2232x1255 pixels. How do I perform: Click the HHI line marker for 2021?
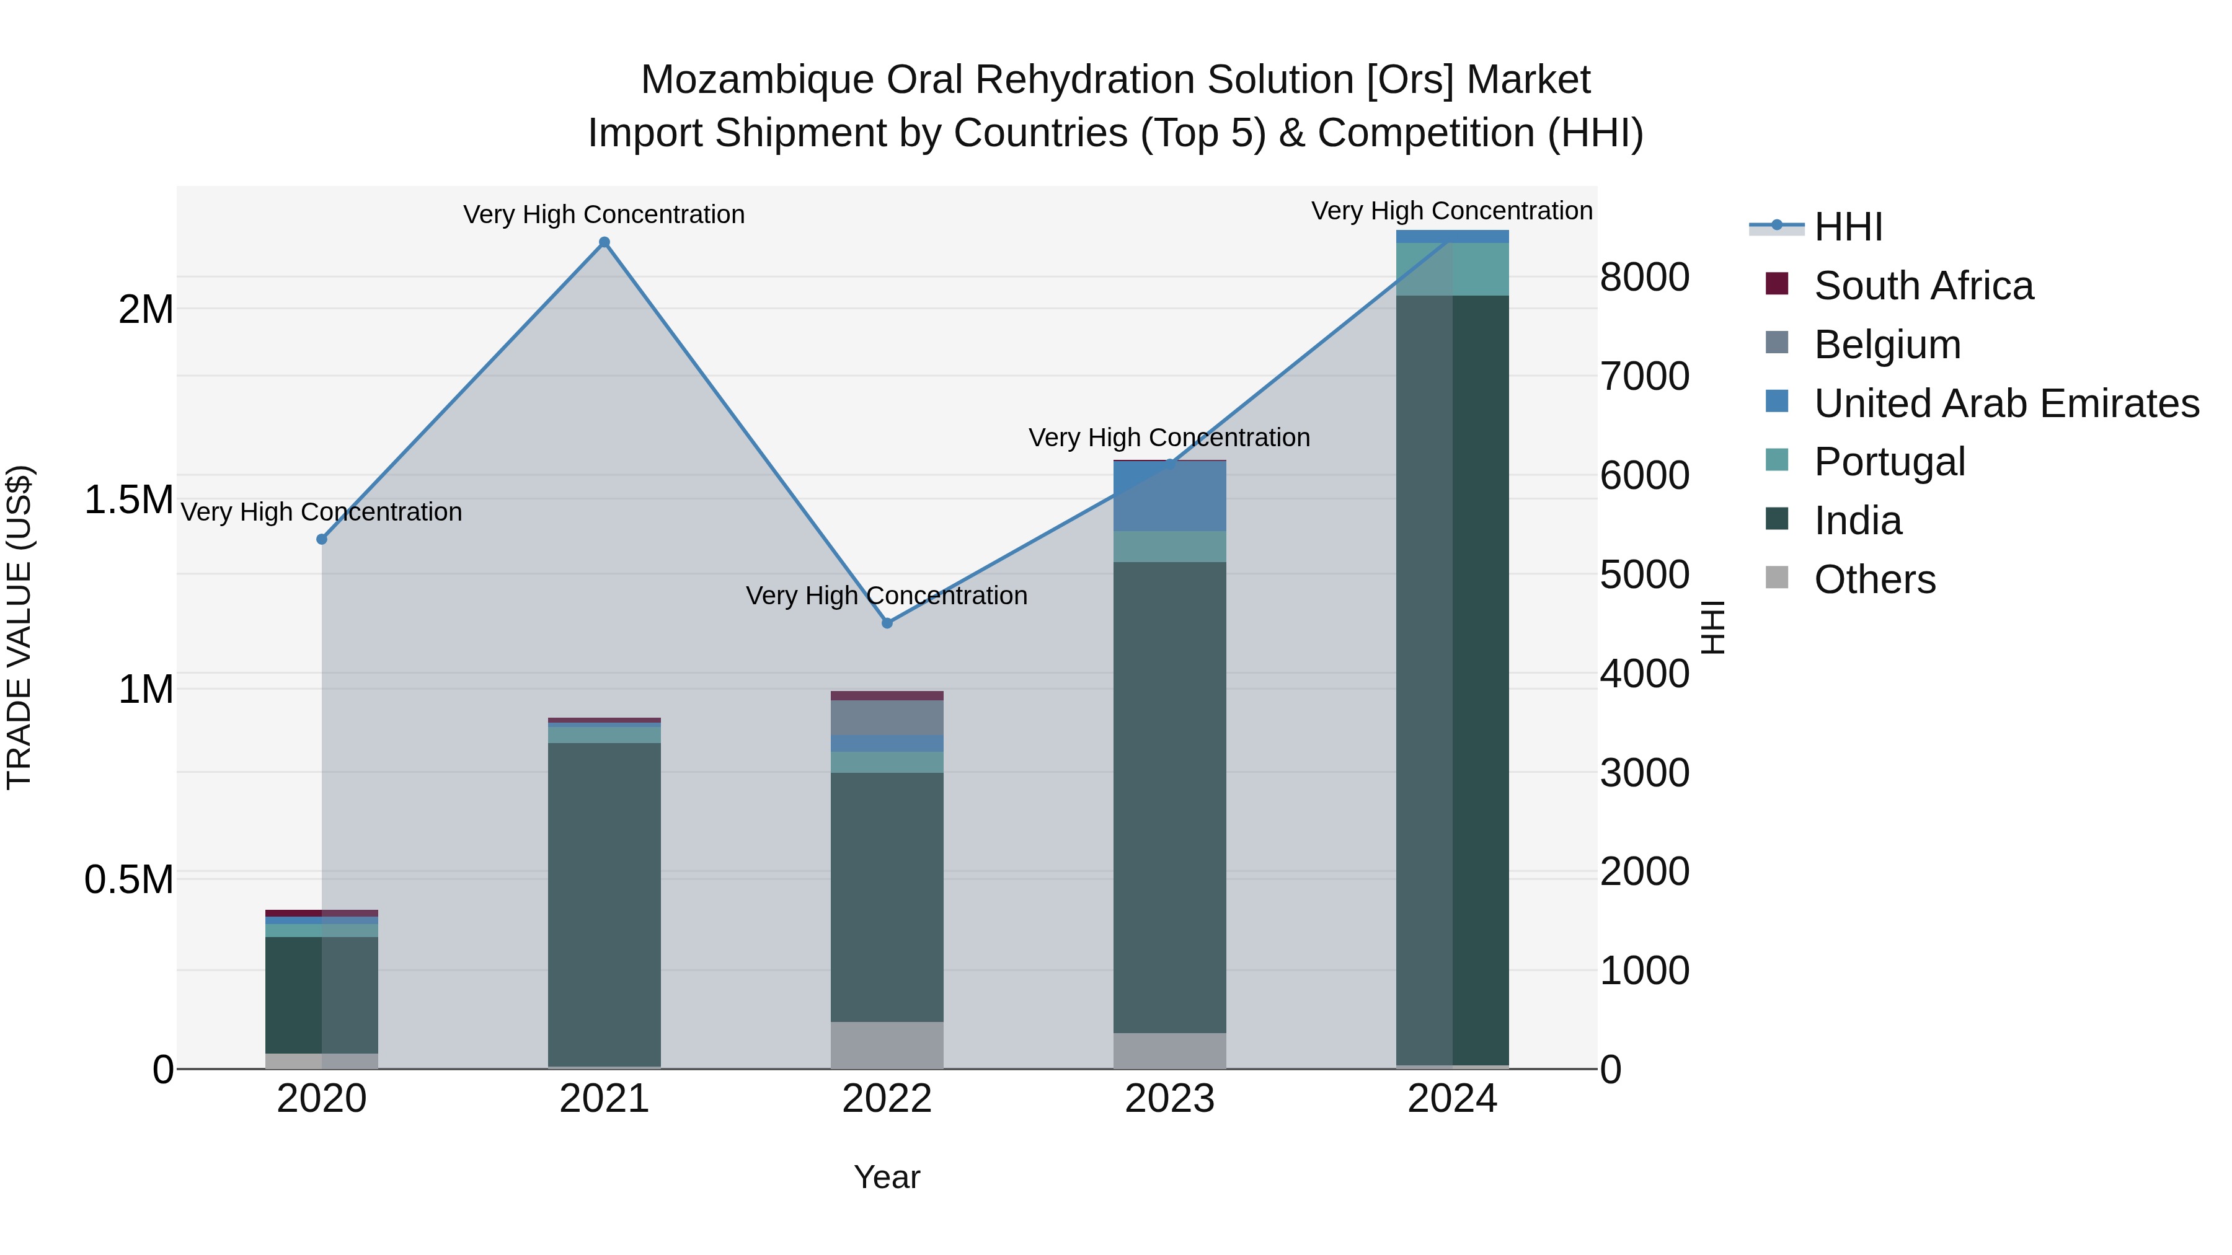point(604,242)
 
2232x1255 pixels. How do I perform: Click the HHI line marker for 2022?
point(887,623)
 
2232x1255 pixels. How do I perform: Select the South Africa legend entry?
point(1923,286)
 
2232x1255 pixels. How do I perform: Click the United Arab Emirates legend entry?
point(2005,403)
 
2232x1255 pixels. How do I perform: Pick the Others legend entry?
point(1874,579)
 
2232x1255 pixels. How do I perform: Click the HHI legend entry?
point(1848,227)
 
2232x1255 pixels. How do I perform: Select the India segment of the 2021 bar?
point(604,901)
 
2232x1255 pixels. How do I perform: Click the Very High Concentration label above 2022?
point(887,596)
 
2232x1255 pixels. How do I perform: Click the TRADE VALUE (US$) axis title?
point(19,627)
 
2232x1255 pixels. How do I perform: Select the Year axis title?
point(887,1177)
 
